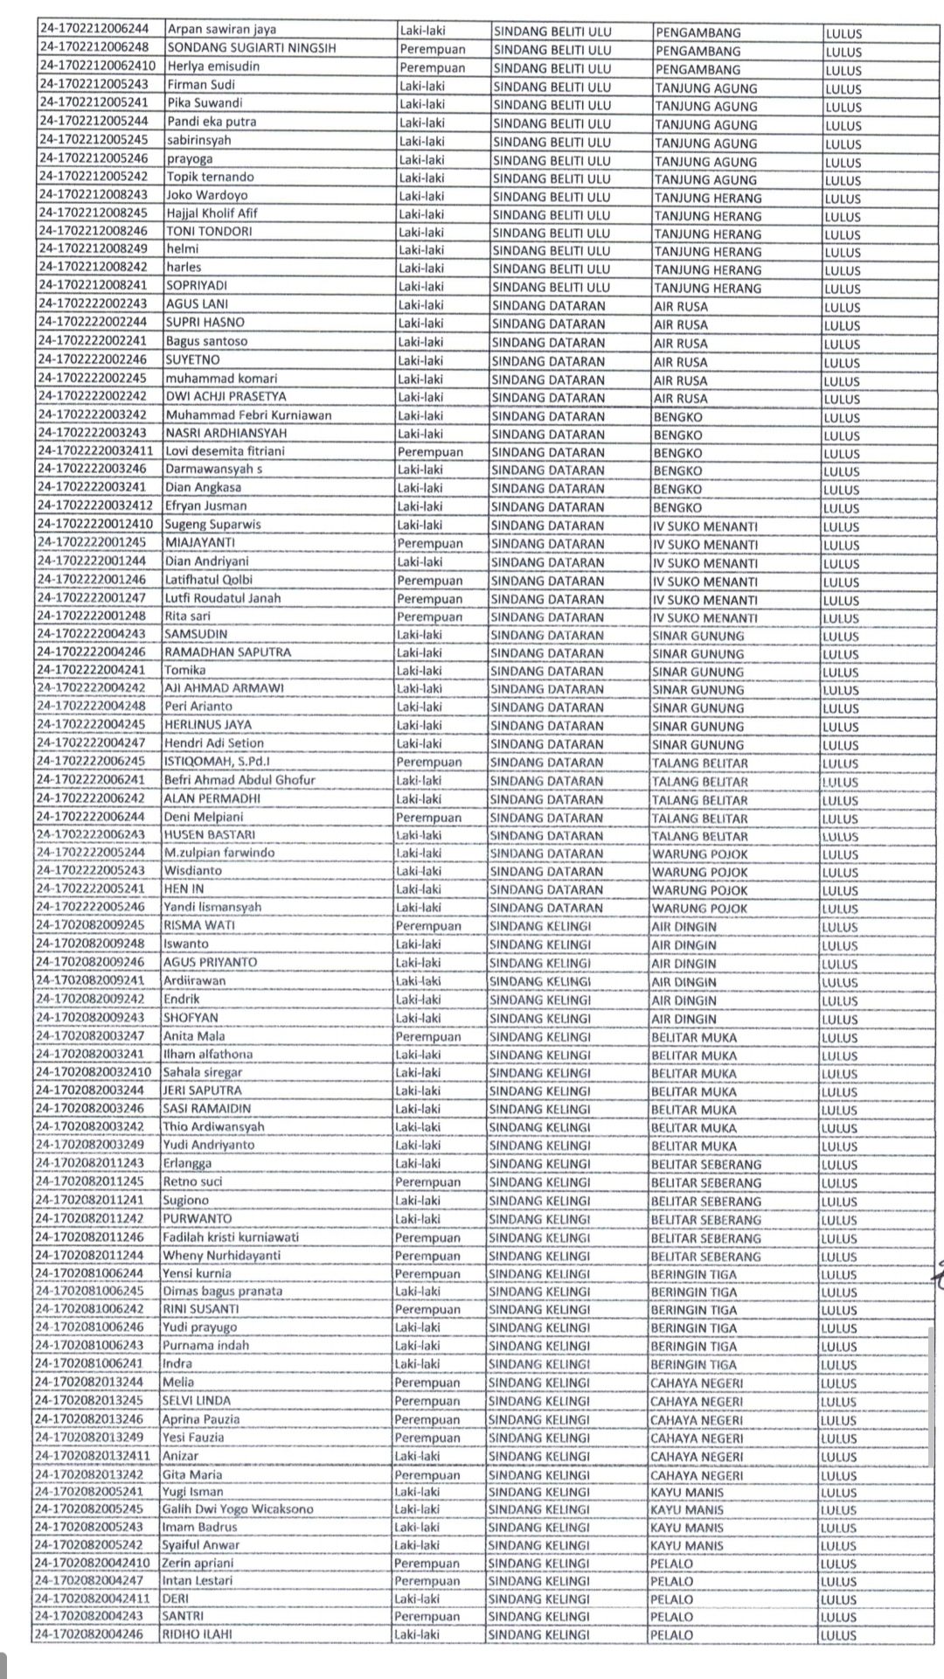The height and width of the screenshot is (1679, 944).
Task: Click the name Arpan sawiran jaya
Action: [221, 30]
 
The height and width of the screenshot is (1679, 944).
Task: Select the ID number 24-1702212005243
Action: [94, 85]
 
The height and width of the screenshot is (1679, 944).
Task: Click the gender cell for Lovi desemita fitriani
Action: [430, 452]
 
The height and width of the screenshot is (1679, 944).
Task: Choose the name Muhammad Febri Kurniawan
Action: [248, 415]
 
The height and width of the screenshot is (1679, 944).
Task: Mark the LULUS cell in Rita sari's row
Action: [841, 618]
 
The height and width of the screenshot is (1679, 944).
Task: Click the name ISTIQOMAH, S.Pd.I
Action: [217, 762]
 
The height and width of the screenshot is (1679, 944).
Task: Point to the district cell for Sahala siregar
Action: [539, 1072]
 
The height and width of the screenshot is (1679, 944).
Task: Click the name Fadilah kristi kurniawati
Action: [231, 1237]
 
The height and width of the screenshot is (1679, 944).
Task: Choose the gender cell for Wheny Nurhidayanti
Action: [427, 1256]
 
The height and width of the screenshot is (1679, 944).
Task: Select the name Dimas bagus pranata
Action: [222, 1291]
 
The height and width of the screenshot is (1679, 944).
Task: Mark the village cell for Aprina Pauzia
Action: [696, 1419]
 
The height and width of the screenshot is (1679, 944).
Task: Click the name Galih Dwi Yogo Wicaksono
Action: [237, 1509]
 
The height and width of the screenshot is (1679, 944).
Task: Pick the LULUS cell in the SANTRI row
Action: [838, 1617]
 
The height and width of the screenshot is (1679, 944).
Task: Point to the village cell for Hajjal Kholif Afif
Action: [707, 215]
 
